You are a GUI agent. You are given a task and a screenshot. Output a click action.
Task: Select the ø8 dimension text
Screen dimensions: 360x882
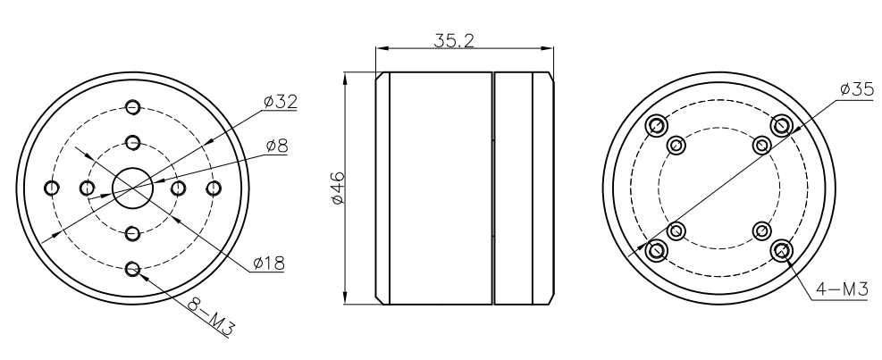(x=276, y=146)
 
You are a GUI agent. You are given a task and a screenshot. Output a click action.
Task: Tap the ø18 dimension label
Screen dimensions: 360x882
(x=269, y=264)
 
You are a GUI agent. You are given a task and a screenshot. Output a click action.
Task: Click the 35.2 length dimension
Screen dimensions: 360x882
(x=454, y=41)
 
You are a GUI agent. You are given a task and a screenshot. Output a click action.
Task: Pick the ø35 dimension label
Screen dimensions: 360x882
(x=856, y=90)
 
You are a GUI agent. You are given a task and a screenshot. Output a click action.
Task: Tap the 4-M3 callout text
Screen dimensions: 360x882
(x=843, y=288)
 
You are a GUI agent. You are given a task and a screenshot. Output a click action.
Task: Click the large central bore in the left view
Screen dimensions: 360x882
(x=132, y=187)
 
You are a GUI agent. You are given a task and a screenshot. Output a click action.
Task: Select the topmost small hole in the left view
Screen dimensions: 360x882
(x=132, y=106)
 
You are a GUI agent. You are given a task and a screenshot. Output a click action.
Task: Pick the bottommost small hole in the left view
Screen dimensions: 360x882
(x=132, y=267)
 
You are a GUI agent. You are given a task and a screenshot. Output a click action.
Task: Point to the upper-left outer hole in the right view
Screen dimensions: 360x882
(x=657, y=124)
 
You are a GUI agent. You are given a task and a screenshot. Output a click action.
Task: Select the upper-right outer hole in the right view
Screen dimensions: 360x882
(x=782, y=124)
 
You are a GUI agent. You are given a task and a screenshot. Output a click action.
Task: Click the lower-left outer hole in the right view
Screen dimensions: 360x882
(x=657, y=249)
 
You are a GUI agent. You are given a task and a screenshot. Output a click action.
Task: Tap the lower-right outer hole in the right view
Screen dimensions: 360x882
(x=782, y=249)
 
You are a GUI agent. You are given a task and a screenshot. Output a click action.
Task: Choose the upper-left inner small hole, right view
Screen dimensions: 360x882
(x=676, y=144)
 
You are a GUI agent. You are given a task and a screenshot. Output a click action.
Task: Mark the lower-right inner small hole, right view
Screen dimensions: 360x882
(x=762, y=230)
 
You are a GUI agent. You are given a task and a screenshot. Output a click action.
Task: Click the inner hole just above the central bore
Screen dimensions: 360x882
(x=132, y=142)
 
